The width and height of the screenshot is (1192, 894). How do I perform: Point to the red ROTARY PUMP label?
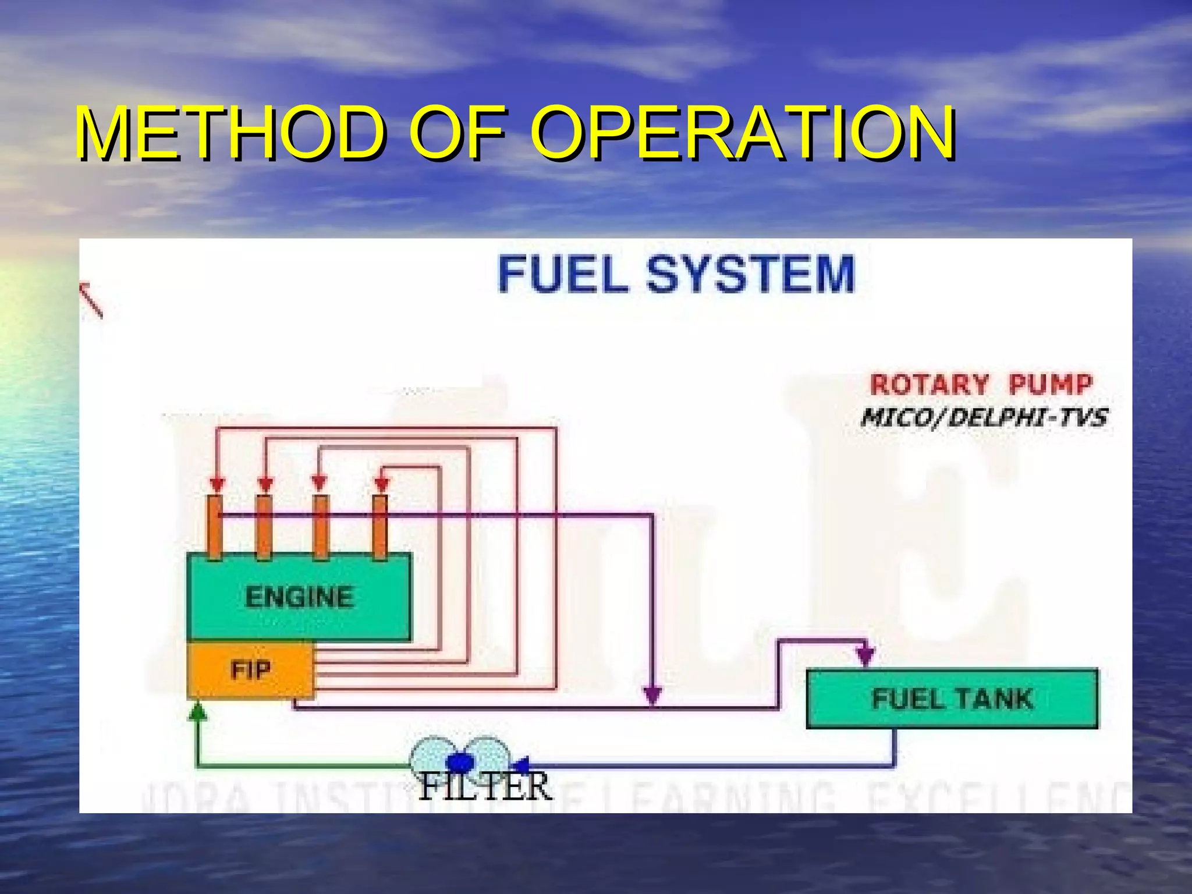click(x=981, y=385)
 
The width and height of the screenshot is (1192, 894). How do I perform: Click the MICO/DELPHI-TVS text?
click(x=984, y=417)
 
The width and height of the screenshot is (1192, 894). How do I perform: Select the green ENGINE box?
click(x=299, y=597)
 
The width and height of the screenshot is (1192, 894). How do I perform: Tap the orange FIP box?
click(x=250, y=670)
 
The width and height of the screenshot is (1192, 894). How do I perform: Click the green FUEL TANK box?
click(x=952, y=698)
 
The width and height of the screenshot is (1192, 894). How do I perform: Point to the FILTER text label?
click(x=484, y=787)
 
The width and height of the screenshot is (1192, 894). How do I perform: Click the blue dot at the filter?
click(x=460, y=762)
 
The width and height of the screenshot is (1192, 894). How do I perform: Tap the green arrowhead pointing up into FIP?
click(x=198, y=711)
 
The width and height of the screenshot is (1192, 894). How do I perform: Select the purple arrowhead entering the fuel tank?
click(x=866, y=656)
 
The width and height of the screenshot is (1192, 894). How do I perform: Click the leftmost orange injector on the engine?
click(x=215, y=527)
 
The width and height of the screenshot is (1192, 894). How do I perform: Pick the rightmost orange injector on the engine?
click(x=380, y=527)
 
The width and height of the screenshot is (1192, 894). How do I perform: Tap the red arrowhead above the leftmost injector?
click(x=217, y=484)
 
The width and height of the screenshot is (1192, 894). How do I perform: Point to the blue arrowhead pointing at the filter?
click(x=520, y=763)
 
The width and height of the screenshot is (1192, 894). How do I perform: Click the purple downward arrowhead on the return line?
click(x=652, y=694)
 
